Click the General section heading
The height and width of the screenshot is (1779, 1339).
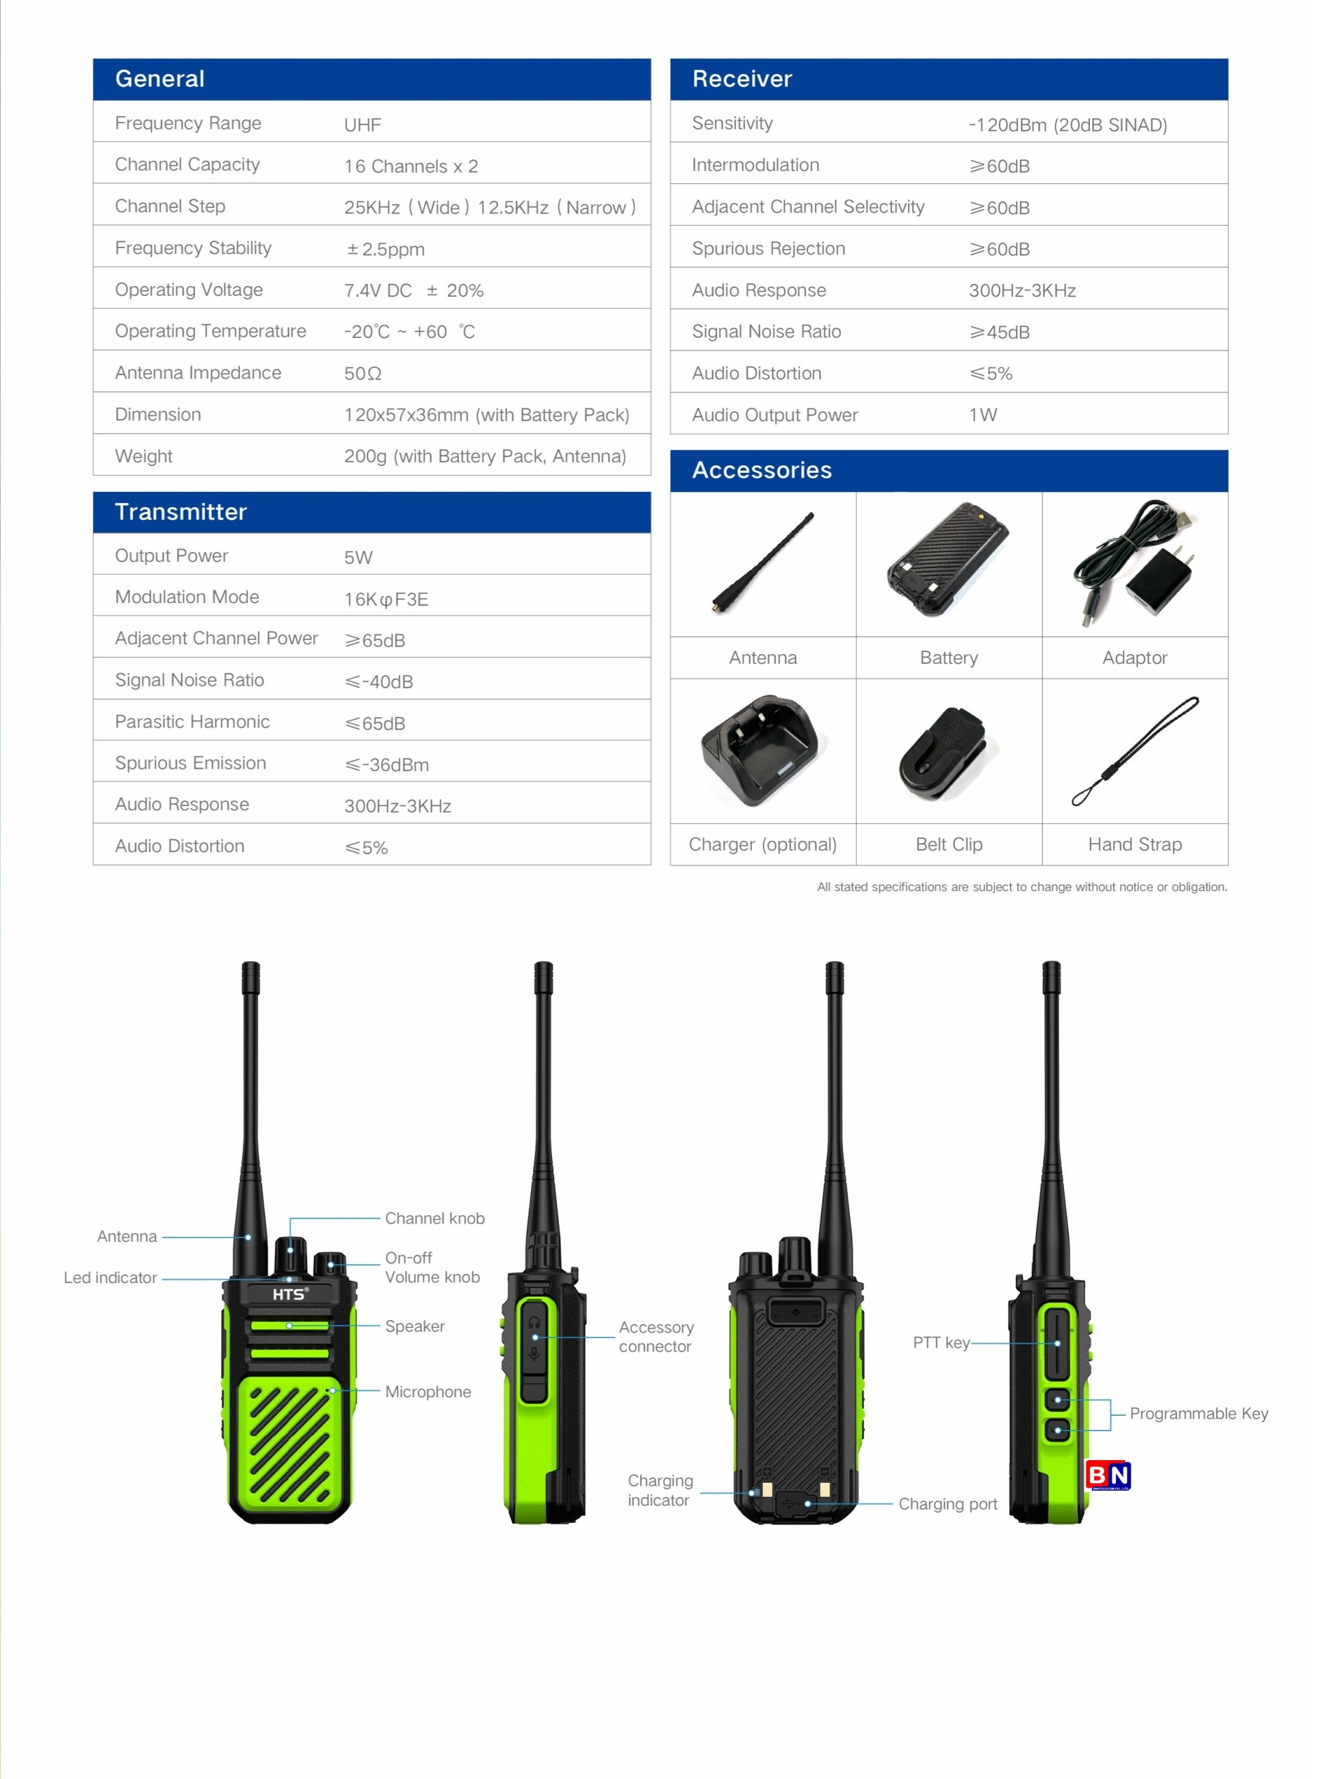[159, 79]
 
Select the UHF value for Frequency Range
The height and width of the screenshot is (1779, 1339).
[363, 125]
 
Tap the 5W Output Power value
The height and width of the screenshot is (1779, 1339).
[358, 558]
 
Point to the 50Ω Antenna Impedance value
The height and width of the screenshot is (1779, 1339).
[363, 373]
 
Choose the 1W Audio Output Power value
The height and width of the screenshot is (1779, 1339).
[983, 415]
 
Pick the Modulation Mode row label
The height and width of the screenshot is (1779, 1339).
[187, 597]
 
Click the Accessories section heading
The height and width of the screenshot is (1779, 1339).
[762, 471]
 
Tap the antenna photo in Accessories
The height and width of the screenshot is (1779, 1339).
[762, 563]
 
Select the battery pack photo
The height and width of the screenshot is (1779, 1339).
[948, 560]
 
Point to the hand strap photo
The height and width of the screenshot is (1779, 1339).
[1134, 751]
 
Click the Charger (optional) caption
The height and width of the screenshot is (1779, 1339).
[762, 844]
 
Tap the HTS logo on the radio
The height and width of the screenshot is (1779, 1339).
[289, 1294]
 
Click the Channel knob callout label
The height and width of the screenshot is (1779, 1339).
[434, 1219]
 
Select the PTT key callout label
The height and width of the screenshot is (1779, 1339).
[941, 1342]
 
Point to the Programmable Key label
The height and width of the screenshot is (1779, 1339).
[1198, 1414]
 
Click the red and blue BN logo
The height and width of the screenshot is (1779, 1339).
[1108, 1475]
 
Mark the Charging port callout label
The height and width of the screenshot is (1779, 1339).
[948, 1504]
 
